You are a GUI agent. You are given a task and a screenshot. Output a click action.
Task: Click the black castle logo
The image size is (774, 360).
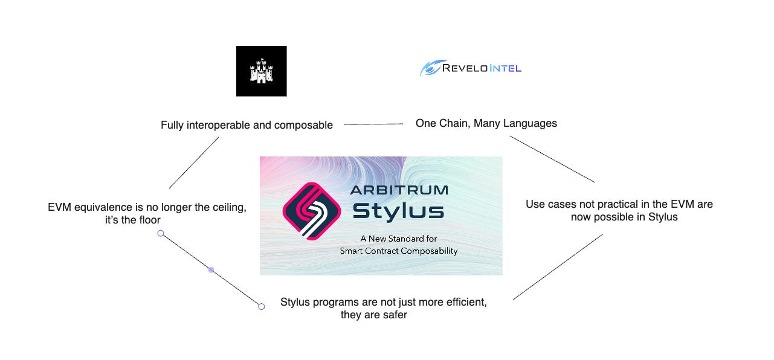261,71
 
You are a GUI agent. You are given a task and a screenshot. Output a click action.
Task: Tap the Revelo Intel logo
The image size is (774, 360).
471,68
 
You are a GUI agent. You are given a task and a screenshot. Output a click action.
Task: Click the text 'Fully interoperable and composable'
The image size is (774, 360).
247,126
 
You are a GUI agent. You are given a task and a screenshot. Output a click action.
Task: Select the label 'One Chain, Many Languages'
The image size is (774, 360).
486,123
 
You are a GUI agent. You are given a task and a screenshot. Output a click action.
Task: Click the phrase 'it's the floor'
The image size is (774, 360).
132,220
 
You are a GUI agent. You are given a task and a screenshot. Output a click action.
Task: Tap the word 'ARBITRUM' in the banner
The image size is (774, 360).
399,190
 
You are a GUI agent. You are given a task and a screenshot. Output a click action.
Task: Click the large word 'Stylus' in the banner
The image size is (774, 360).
398,211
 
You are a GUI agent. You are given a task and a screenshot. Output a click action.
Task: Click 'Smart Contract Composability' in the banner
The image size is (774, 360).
399,251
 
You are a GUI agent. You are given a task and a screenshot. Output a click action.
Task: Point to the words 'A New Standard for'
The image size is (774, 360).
399,239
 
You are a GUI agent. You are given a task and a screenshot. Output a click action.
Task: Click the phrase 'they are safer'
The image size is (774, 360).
373,314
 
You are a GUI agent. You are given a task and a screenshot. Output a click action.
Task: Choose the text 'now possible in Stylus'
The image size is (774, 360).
624,217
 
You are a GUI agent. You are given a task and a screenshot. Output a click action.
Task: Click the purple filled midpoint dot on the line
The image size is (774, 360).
211,269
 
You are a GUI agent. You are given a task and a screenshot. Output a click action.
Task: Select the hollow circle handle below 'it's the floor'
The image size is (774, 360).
161,233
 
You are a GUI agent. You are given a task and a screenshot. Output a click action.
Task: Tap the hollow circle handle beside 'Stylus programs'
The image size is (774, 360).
261,306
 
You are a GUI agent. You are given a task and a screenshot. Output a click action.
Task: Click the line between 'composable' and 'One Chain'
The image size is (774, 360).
373,124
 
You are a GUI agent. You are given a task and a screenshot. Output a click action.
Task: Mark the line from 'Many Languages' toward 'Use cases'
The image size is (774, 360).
552,159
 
